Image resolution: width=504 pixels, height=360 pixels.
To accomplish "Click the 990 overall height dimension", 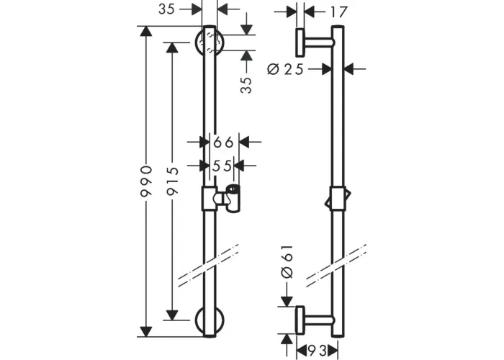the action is click(x=146, y=181).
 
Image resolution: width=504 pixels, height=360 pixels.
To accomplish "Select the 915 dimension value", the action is click(x=173, y=181).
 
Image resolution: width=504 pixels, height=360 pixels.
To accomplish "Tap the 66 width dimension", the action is click(x=223, y=142).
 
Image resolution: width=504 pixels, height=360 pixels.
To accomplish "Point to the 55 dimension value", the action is click(x=222, y=166).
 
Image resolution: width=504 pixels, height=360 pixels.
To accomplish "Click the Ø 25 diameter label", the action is click(x=285, y=69).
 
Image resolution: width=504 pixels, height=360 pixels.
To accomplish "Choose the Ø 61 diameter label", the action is click(x=287, y=261).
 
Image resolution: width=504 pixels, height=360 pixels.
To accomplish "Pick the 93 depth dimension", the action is click(x=318, y=349).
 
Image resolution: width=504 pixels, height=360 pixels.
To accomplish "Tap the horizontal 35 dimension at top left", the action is click(x=166, y=9).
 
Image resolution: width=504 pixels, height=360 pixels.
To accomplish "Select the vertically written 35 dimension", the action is click(x=246, y=85).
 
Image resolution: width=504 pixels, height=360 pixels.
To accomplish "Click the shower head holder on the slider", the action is click(x=230, y=199).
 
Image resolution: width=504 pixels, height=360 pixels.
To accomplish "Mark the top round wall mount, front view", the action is click(x=210, y=42).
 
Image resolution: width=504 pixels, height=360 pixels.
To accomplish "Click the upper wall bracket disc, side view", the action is click(x=300, y=42).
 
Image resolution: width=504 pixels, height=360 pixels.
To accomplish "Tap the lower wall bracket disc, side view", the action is click(x=300, y=320).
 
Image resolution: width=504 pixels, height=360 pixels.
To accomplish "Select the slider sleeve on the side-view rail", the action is click(x=338, y=198).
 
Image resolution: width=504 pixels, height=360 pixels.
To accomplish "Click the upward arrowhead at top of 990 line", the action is click(x=146, y=31).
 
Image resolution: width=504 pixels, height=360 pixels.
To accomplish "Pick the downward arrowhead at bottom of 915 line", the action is click(x=173, y=315).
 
